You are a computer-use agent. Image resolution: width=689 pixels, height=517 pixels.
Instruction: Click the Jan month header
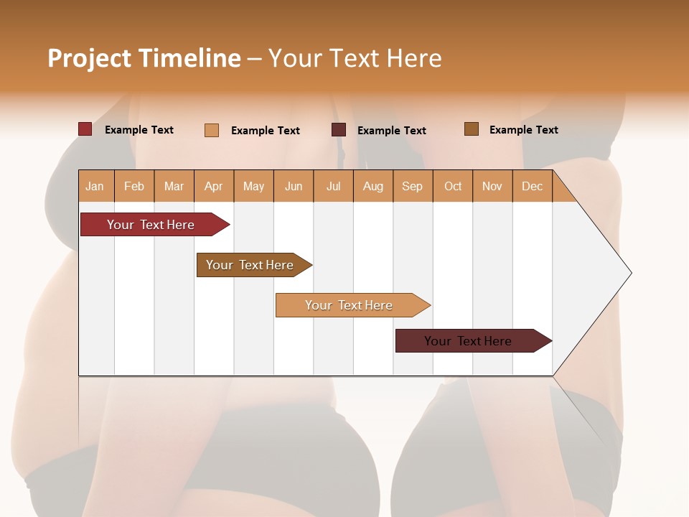(x=95, y=186)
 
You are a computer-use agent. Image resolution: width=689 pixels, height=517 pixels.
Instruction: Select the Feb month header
(x=134, y=186)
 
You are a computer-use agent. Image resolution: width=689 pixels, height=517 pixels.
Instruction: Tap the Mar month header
(x=174, y=186)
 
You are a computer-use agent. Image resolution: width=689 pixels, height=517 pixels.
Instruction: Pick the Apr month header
(x=214, y=186)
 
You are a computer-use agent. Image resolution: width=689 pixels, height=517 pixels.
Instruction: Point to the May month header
(x=253, y=186)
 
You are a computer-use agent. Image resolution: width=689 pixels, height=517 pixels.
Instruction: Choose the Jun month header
(x=294, y=186)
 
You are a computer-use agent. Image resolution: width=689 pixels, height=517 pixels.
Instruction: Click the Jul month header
(x=333, y=186)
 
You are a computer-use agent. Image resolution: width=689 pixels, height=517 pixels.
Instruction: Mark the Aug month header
(x=373, y=186)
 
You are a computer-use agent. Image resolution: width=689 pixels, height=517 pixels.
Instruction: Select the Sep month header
(x=413, y=186)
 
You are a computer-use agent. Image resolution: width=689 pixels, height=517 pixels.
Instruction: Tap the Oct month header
(x=453, y=186)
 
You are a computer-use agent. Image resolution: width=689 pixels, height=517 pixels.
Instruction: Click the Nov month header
(x=492, y=186)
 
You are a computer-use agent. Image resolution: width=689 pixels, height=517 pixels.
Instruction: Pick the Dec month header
(x=532, y=186)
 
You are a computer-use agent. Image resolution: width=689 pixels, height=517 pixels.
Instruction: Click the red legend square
(x=85, y=129)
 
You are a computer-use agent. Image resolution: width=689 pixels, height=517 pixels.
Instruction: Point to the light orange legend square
(x=212, y=130)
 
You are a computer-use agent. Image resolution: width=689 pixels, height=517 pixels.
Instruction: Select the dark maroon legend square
(x=339, y=130)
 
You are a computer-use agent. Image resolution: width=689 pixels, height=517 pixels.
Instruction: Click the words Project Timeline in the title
(x=144, y=58)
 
